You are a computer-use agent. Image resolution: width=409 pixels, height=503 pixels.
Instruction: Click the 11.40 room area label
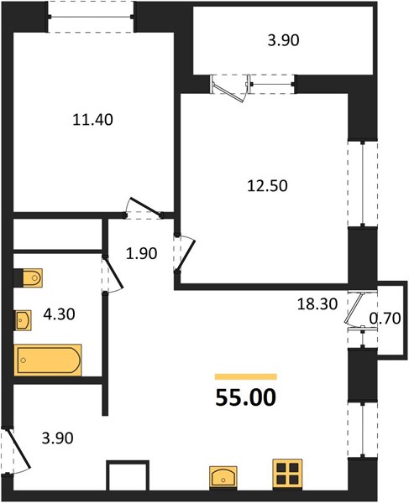93,120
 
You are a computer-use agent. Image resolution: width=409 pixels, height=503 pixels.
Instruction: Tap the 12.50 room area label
267,186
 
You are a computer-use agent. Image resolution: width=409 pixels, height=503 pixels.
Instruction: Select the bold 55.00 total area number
246,397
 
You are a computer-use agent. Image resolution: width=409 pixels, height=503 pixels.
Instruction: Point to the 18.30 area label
317,303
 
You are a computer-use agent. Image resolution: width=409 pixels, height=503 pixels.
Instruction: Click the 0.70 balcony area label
385,319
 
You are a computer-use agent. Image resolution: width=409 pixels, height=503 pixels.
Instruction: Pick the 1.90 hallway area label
141,254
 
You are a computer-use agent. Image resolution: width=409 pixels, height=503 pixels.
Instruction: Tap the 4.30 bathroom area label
59,314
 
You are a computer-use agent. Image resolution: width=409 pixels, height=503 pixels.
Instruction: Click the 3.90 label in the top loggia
283,40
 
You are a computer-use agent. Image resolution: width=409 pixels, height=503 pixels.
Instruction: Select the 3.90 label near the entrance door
57,438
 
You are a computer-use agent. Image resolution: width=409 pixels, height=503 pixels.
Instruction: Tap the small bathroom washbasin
24,320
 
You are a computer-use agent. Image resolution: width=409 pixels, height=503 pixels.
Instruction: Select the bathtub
48,360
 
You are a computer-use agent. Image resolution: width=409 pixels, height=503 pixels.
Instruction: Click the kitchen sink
223,478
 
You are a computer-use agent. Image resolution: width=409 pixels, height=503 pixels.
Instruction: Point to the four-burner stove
287,474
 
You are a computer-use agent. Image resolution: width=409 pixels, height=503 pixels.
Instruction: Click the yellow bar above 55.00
246,376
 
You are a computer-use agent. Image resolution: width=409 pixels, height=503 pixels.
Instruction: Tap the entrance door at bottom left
18,448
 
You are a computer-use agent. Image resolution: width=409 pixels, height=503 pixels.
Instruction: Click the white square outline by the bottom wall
128,475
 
